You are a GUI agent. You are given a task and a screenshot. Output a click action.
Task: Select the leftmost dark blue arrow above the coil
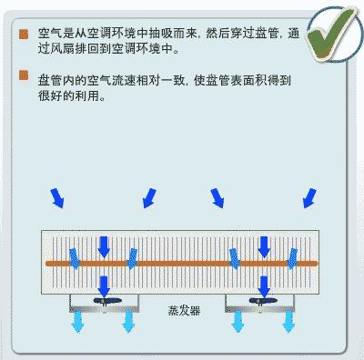coord(56,195)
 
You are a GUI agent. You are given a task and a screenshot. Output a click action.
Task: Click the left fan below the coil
coord(103,303)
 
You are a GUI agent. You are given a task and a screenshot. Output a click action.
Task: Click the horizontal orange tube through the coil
coord(182,263)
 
